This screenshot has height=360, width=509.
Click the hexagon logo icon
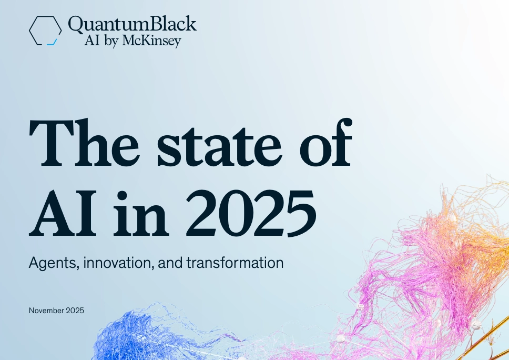[45, 30]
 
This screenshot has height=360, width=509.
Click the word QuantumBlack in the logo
[132, 24]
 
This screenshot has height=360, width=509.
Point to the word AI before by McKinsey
[91, 41]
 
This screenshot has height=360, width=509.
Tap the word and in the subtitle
[171, 263]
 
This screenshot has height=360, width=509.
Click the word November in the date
[47, 311]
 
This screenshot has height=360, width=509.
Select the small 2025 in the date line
[75, 311]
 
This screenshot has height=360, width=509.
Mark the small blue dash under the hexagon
[51, 44]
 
